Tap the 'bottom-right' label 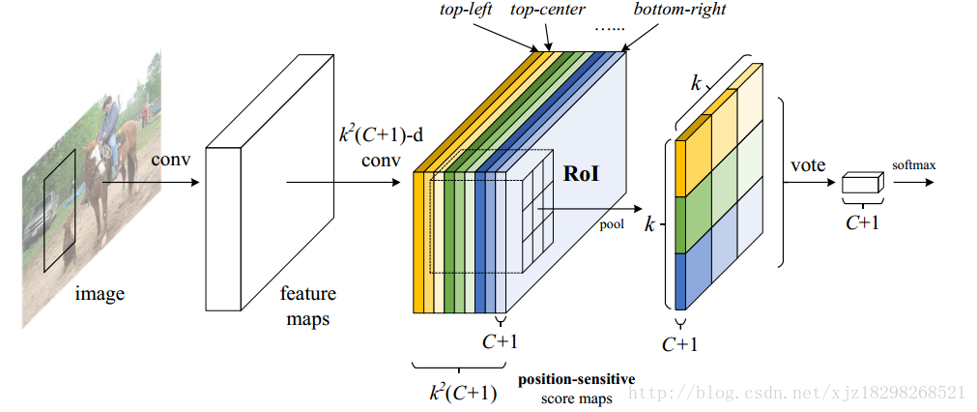point(679,10)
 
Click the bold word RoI point(582,175)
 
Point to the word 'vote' point(808,165)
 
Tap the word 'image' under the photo point(100,292)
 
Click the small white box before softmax point(863,184)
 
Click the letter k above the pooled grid point(695,83)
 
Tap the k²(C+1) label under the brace point(462,392)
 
